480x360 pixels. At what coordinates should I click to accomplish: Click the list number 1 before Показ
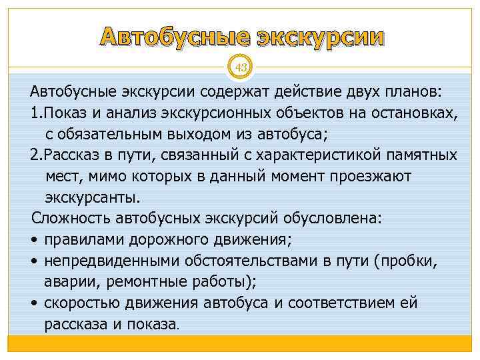tap(34, 111)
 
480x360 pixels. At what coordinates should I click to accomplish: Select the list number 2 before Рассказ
tap(35, 155)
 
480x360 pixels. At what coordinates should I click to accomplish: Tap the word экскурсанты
tap(93, 197)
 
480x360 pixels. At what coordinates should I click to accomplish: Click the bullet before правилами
tap(34, 240)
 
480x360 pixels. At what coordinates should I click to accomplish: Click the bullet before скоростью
tap(34, 304)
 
